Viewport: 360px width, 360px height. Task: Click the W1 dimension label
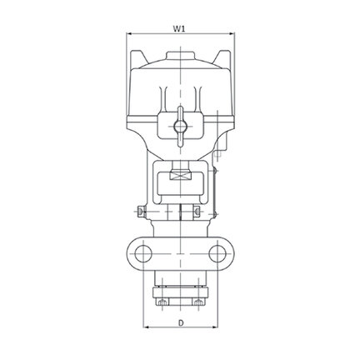coord(179,28)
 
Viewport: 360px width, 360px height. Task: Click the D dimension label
coord(181,323)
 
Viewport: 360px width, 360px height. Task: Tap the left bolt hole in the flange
coord(143,254)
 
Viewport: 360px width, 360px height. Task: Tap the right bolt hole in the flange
coord(217,254)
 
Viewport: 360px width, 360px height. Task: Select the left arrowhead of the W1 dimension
coord(129,34)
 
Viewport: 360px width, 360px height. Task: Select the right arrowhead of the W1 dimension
coord(232,34)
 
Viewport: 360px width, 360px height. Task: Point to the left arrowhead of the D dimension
coord(146,327)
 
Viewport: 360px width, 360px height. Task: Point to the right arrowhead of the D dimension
coord(215,327)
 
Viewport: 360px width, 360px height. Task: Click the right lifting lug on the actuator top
coord(222,59)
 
